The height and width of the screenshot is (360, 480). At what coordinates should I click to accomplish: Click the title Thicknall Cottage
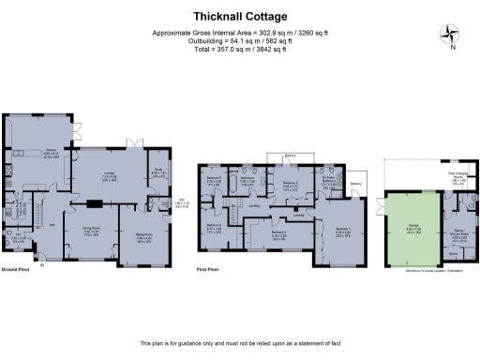tap(240, 16)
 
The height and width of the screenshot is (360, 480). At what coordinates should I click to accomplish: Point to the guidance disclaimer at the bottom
tap(240, 344)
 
